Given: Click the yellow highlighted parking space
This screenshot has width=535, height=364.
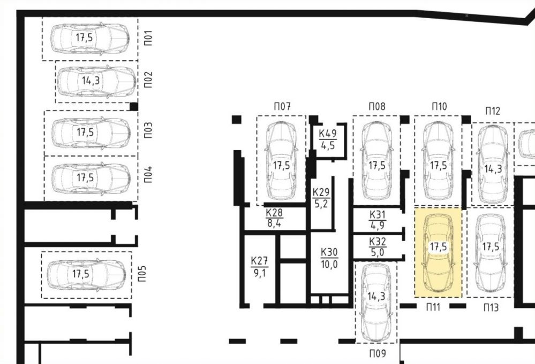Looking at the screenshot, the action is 438,252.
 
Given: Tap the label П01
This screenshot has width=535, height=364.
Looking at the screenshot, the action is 148,38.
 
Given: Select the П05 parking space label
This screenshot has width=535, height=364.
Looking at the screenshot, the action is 142,274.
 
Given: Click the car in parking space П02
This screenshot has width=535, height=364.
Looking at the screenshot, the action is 96,81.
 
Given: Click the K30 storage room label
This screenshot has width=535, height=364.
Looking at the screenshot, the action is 329,252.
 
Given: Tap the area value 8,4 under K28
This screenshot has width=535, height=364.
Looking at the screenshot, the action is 274,223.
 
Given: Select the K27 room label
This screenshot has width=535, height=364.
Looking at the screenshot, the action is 259,261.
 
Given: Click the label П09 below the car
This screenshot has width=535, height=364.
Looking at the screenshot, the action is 378,354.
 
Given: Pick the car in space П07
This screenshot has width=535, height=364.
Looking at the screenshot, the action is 281,161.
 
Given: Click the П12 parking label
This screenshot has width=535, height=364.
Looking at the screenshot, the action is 493,111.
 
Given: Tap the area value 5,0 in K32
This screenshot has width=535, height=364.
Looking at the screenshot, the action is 378,252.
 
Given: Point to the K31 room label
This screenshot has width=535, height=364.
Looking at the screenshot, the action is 378,214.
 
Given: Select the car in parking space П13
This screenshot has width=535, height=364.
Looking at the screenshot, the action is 491,253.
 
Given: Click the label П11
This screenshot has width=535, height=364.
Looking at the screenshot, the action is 433,307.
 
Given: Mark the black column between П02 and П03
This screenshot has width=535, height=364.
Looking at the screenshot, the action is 134,106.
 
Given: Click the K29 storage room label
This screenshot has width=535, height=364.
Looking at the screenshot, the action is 321,192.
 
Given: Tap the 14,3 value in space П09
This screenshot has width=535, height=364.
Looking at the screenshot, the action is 376,296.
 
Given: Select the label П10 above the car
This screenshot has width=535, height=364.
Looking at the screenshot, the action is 439,106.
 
